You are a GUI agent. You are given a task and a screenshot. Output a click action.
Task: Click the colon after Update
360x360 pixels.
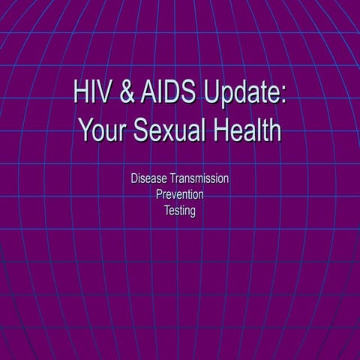pos(283,96)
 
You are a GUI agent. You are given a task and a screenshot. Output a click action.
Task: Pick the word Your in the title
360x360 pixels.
pos(101,130)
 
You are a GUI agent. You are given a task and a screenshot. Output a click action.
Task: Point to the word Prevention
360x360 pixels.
pos(180,195)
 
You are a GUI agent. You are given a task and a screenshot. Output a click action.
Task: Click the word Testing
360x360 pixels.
pos(180,211)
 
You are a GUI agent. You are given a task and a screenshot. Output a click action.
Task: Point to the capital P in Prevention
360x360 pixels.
pos(159,195)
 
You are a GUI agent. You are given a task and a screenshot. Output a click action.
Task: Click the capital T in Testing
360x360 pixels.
pos(167,211)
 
